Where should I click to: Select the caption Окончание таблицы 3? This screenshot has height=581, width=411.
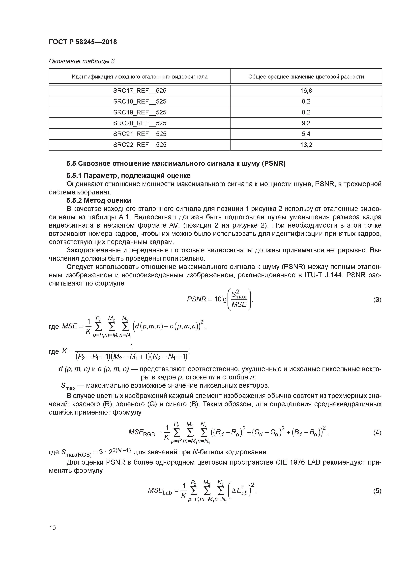(82, 61)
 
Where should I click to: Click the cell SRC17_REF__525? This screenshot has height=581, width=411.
(140, 91)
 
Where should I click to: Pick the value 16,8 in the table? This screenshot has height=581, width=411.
(306, 91)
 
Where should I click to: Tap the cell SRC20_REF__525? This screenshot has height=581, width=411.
(140, 123)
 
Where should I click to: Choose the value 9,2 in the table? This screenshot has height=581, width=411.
(306, 123)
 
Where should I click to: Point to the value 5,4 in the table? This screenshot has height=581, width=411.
(306, 134)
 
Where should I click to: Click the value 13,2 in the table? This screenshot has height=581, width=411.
(306, 145)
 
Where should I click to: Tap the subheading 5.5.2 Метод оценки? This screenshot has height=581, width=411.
(99, 200)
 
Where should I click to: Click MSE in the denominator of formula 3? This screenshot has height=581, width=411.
(239, 304)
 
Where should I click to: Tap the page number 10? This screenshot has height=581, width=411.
(52, 528)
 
